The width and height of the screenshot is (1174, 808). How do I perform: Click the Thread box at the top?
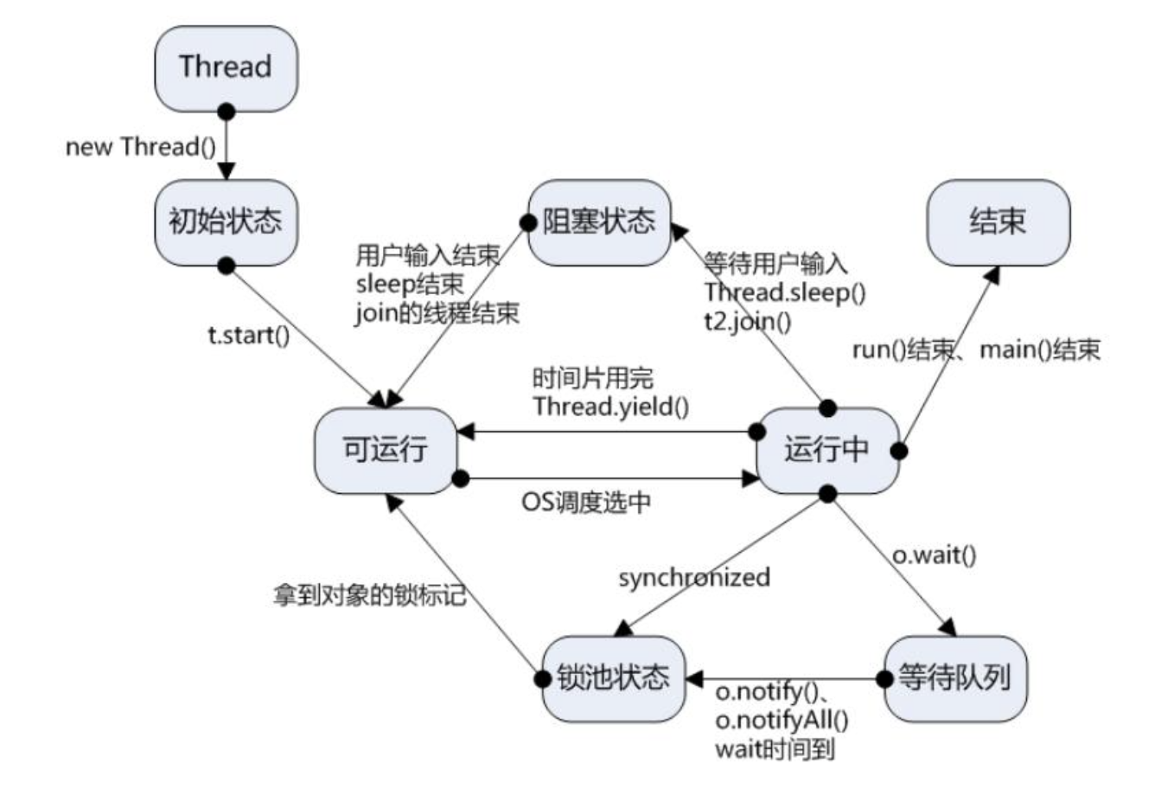coord(226,67)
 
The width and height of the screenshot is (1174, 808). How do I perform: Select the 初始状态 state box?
coord(226,222)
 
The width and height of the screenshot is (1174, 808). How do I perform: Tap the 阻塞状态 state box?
coord(599,222)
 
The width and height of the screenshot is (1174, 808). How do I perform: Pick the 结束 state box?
coord(998,222)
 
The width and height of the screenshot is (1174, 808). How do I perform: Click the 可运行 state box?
coord(385,451)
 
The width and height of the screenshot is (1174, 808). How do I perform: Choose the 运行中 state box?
coord(827,451)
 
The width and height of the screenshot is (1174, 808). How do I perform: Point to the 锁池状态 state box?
coord(613,678)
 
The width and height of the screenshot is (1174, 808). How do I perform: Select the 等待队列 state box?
coord(955,678)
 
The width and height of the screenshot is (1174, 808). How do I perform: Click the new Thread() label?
coord(141,147)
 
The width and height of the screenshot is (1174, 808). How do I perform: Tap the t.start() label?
coord(249,335)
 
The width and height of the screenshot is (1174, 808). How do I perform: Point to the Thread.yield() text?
coord(610,407)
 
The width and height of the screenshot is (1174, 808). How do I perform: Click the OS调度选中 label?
coord(586,503)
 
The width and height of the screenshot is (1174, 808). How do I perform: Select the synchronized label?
coord(693,577)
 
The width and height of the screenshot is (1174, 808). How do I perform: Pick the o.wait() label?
coord(934,555)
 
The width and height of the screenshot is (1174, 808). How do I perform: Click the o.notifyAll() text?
coord(782,720)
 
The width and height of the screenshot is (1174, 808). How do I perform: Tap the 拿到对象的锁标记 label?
coord(370,595)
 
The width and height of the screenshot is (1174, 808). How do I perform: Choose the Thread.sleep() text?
coord(784,292)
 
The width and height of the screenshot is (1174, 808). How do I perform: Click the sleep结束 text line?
coord(410,284)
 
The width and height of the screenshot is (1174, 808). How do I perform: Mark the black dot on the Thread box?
coord(227,112)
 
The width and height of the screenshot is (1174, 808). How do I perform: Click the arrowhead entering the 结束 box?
coord(993,274)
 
